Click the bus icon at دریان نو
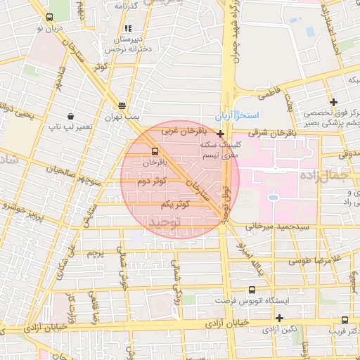tap(49, 18)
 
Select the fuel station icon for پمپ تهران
tap(123, 103)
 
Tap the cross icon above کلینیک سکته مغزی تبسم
tap(221, 134)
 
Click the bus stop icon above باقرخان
tap(155, 150)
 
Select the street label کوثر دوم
tap(153, 181)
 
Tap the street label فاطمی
tap(269, 93)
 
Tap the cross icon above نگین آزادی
tap(279, 318)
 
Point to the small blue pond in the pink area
tap(273, 198)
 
